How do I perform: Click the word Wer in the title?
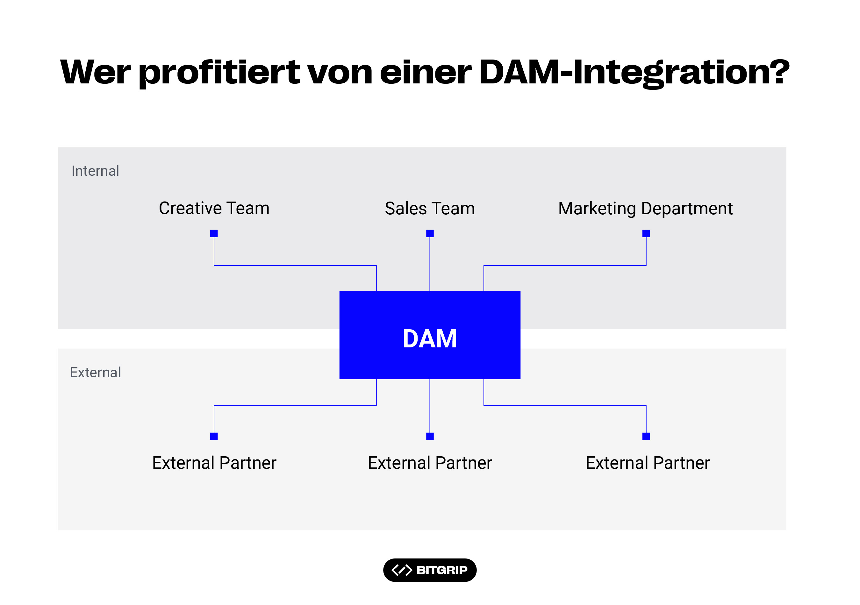[96, 72]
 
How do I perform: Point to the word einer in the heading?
[426, 72]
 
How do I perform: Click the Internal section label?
[95, 171]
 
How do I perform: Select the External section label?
[96, 373]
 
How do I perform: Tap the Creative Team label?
[214, 208]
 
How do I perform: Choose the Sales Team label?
[430, 209]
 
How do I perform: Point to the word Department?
[687, 209]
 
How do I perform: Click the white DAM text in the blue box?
[430, 339]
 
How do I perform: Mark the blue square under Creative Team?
[214, 234]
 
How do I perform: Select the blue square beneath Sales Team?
[430, 234]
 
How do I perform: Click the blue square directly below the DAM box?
[430, 436]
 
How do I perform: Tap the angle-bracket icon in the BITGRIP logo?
[402, 570]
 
